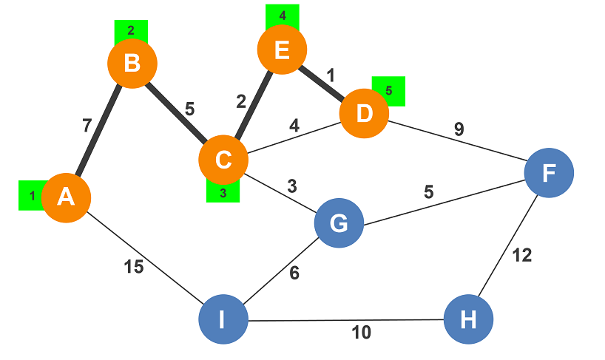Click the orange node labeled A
[x=66, y=198]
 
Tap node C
[x=223, y=160]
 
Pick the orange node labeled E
[x=282, y=50]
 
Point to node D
[x=364, y=115]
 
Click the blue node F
[x=549, y=172]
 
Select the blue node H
[x=468, y=319]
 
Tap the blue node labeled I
[x=223, y=319]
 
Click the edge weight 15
[x=134, y=267]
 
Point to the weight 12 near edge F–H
[x=522, y=256]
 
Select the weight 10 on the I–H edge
[x=361, y=333]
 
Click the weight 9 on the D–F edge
[x=459, y=129]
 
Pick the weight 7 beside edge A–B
[x=87, y=126]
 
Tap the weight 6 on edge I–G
[x=294, y=273]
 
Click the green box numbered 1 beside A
[x=30, y=196]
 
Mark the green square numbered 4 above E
[x=282, y=15]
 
